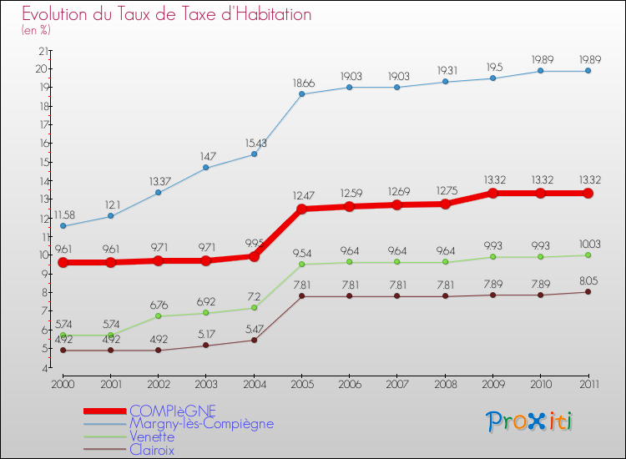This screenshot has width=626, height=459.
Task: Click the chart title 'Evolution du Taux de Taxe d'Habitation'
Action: [x=167, y=15]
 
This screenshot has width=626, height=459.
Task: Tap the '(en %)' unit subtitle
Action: [x=37, y=30]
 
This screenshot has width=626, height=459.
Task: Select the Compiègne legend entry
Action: [x=172, y=411]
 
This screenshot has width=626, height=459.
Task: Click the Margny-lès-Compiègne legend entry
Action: [x=201, y=424]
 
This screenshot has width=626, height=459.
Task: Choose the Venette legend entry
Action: [x=152, y=436]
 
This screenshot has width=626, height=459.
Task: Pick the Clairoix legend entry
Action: [x=152, y=450]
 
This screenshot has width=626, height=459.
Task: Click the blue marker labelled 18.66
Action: [x=301, y=94]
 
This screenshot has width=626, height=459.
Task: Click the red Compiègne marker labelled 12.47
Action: [x=301, y=209]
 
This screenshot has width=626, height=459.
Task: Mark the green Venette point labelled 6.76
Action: [x=159, y=316]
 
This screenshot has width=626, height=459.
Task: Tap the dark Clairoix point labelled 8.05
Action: [x=588, y=291]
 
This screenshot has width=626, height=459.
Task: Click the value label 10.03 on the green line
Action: [x=588, y=244]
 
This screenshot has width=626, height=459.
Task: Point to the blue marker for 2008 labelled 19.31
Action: [x=445, y=82]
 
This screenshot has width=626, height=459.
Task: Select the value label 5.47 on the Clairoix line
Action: [x=254, y=328]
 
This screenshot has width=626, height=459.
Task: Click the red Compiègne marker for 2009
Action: [x=492, y=193]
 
